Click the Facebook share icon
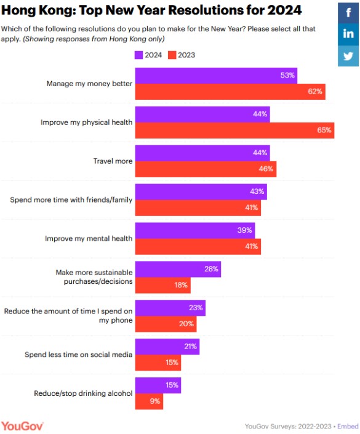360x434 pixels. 348,13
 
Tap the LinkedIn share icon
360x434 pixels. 348,34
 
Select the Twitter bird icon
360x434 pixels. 348,56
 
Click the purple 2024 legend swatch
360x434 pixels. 138,55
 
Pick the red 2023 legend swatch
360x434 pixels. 172,55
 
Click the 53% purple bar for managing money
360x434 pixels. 216,76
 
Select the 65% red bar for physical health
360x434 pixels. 234,131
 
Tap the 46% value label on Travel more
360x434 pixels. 266,169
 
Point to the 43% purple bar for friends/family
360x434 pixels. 201,192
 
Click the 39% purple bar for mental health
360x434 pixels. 195,231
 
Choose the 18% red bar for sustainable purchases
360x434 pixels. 163,286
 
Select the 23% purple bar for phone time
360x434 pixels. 170,308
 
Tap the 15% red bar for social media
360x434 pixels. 158,363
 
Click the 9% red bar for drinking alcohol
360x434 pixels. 149,401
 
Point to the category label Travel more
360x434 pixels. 113,161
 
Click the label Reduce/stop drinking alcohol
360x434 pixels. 83,393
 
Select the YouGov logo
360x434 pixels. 22,426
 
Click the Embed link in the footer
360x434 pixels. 348,426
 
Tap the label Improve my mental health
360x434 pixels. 89,239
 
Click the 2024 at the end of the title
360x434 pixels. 284,10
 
